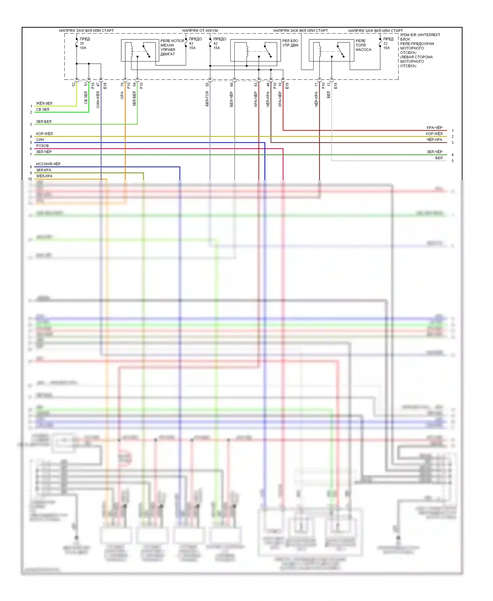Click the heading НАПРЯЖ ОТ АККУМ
pyautogui.click(x=200, y=31)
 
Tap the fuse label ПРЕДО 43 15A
pyautogui.click(x=195, y=43)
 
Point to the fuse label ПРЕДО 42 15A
pyautogui.click(x=219, y=43)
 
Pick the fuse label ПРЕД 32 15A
pyautogui.click(x=388, y=43)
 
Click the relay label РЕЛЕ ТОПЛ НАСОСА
pyautogui.click(x=363, y=45)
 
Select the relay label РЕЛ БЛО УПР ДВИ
pyautogui.click(x=290, y=43)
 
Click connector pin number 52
pyautogui.click(x=74, y=84)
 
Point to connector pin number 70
pyautogui.click(x=122, y=84)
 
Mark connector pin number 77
pyautogui.click(x=317, y=84)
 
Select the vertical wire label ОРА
pyautogui.click(x=122, y=95)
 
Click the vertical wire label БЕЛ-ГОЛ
pyautogui.click(x=207, y=99)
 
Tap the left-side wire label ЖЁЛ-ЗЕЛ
pyautogui.click(x=44, y=103)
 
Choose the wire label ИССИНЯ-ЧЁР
pyautogui.click(x=48, y=164)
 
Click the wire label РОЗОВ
pyautogui.click(x=42, y=146)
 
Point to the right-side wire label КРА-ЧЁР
pyautogui.click(x=434, y=128)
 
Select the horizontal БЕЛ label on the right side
pyautogui.click(x=439, y=158)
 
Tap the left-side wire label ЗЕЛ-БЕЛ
pyautogui.click(x=44, y=122)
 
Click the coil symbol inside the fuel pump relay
pyautogui.click(x=319, y=50)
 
